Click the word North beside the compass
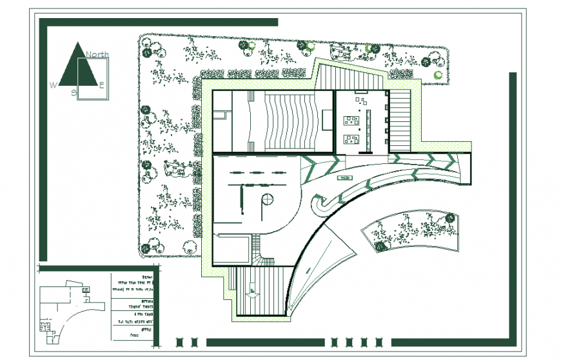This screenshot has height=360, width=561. tap(97, 55)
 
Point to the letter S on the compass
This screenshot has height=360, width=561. tap(74, 93)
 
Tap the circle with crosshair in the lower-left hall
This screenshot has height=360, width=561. tap(266, 199)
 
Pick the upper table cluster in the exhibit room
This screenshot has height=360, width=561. tap(352, 119)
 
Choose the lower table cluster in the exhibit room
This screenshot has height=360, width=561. tap(352, 138)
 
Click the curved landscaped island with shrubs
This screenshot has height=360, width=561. tap(413, 229)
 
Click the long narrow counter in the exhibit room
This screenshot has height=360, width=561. tap(369, 129)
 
